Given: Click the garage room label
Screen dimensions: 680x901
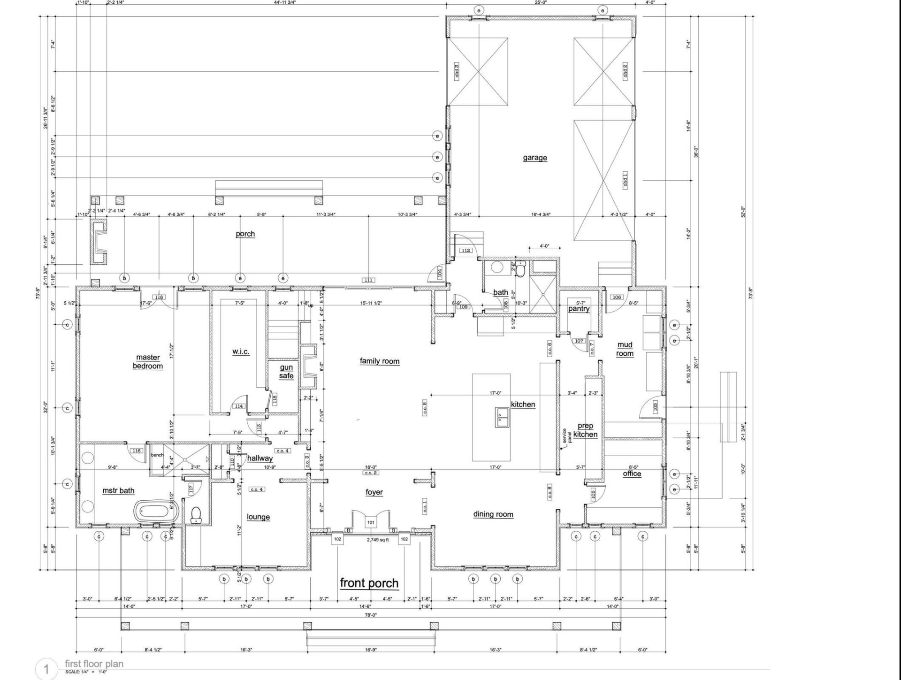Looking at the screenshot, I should click(535, 158).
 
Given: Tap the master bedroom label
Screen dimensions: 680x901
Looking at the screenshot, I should click(148, 362).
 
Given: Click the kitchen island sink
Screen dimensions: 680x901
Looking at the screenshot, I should click(502, 416).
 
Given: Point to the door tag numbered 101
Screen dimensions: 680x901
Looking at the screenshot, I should click(371, 522).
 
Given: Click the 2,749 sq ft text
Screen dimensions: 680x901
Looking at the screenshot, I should click(378, 540).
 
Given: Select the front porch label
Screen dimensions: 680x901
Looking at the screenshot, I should click(369, 583).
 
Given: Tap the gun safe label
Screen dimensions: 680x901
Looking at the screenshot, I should click(286, 371).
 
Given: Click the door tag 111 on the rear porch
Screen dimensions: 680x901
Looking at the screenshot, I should click(368, 280).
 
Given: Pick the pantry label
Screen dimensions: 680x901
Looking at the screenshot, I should click(579, 309).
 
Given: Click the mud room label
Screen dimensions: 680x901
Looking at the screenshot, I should click(625, 349).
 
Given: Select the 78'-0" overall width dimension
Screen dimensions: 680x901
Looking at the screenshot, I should click(371, 615).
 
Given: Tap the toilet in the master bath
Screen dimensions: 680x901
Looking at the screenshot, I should click(196, 515).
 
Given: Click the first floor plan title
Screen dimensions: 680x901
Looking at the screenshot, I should click(94, 664).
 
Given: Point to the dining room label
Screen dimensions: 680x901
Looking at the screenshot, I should click(493, 514).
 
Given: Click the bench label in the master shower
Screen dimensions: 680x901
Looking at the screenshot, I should click(157, 455).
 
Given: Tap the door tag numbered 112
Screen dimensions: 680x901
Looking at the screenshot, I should click(466, 251).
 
